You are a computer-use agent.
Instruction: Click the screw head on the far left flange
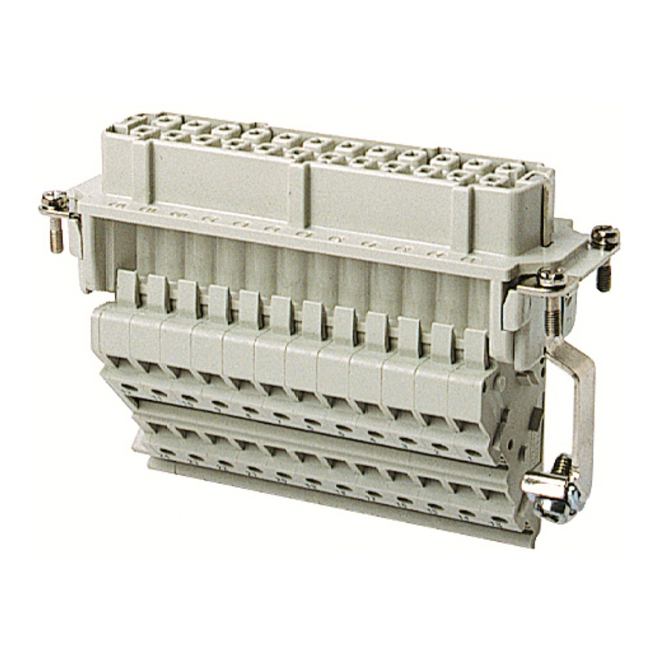pyautogui.click(x=54, y=198)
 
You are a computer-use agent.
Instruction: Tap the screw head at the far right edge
pyautogui.click(x=604, y=236)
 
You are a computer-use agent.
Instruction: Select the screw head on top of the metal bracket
pyautogui.click(x=552, y=277)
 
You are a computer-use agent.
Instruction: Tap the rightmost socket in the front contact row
pyautogui.click(x=493, y=178)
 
